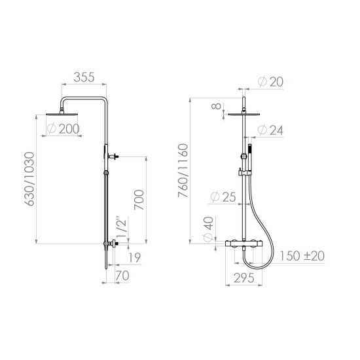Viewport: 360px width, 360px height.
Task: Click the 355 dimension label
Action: [x=84, y=77]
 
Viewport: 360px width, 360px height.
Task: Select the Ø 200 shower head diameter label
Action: [x=63, y=129]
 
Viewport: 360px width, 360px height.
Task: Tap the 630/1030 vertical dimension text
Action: [x=29, y=179]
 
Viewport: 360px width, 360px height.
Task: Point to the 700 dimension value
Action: [x=139, y=200]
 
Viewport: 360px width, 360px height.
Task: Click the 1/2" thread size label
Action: [x=122, y=227]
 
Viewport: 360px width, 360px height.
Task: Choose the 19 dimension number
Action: [x=135, y=257]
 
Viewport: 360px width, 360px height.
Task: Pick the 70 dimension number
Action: [x=122, y=276]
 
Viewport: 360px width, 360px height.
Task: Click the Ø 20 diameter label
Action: [x=270, y=82]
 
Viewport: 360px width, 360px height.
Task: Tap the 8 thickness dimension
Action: [x=216, y=106]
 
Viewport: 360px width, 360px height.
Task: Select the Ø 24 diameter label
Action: [x=270, y=130]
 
